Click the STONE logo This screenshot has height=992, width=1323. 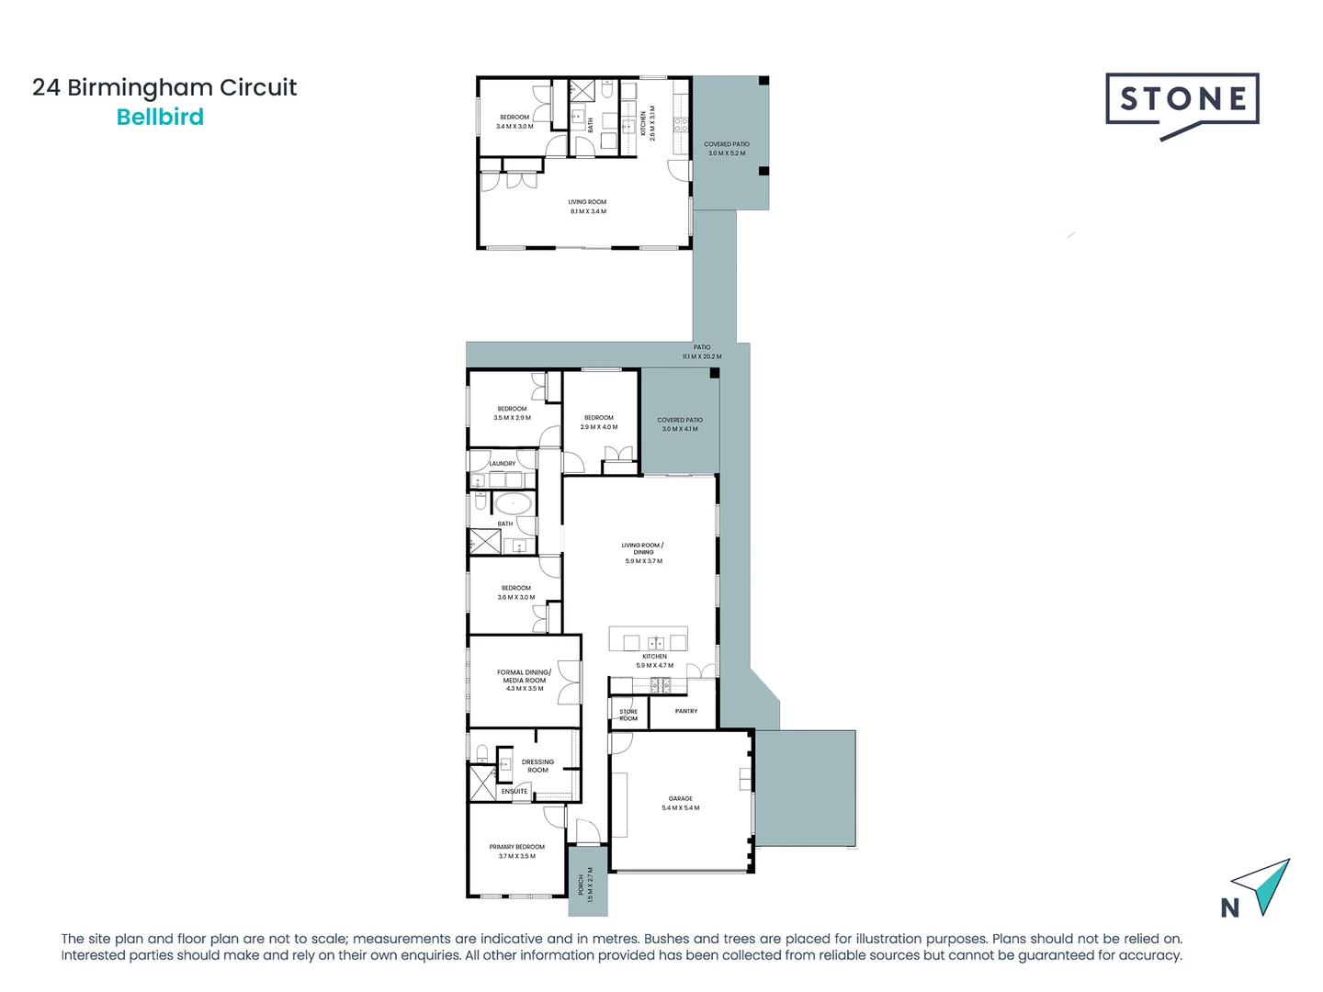pos(1182,101)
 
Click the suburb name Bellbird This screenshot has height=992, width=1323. pos(160,118)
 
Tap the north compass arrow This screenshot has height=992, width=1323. pos(1264,886)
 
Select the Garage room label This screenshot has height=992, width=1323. pos(681,803)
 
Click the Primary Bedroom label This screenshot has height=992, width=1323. pos(516,851)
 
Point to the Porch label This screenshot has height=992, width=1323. pos(585,885)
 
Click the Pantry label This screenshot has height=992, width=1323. pos(686,711)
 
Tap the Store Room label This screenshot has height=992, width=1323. pos(628,715)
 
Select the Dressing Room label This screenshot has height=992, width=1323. pos(537,765)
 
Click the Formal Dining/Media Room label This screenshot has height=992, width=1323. pos(524,680)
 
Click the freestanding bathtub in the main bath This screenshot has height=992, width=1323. pos(513,503)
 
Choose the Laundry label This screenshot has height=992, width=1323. pos(503,464)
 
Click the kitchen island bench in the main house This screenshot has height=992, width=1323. pos(649,640)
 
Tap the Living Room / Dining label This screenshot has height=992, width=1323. pos(643,552)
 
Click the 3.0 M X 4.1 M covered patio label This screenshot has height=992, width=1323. pos(680,424)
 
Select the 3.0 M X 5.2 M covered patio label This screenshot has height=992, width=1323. pos(727,149)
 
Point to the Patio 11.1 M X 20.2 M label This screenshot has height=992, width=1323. pos(702,352)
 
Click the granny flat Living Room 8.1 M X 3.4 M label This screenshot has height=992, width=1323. pos(587,207)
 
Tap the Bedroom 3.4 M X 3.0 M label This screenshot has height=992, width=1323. pos(514,121)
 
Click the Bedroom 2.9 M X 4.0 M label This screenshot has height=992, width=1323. pos(599,422)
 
